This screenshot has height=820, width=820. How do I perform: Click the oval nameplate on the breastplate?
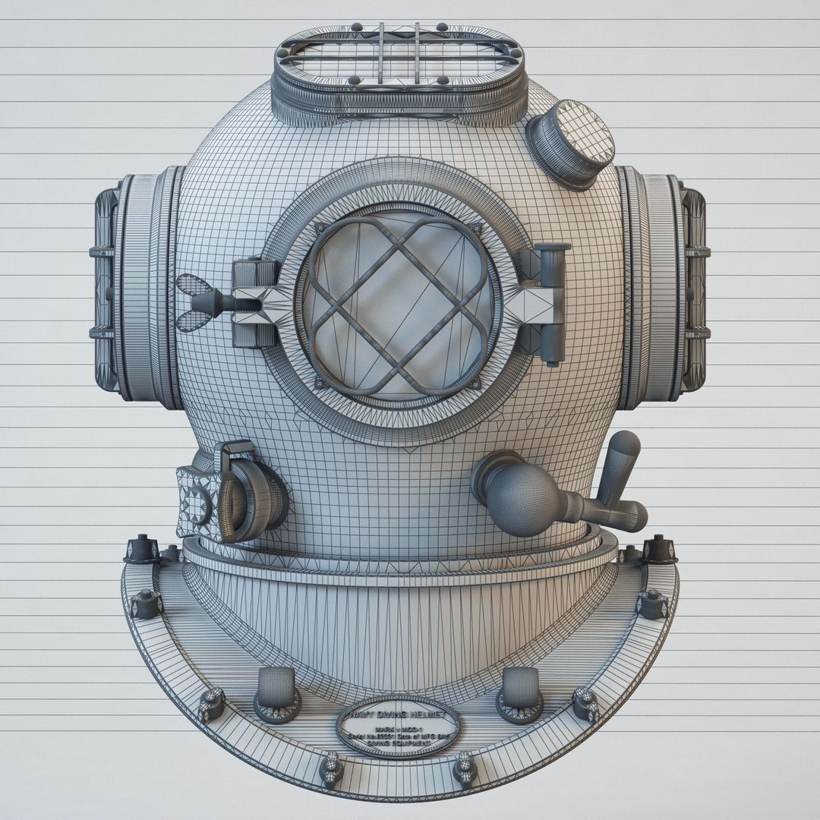pos(398,728)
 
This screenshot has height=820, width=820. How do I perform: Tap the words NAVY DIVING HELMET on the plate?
pos(398,715)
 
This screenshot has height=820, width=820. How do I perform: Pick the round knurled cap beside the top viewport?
pos(571,143)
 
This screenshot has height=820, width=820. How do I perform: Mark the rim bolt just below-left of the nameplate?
pos(332,768)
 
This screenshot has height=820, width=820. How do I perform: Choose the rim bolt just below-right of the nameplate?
pos(465,768)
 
